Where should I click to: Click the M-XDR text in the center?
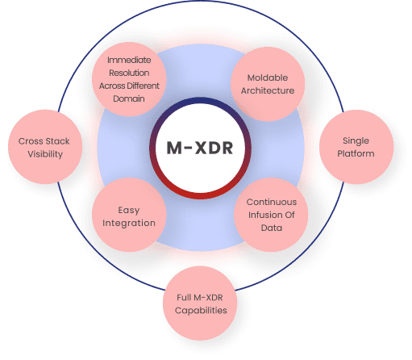(x=200, y=148)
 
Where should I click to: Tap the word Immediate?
(x=129, y=60)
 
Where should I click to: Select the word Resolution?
(x=129, y=73)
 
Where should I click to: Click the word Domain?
(x=129, y=98)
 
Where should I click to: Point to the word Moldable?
(x=268, y=77)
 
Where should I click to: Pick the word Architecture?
(x=268, y=90)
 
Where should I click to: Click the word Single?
(x=356, y=140)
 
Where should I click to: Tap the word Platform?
(x=356, y=153)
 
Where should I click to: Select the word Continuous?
(x=272, y=202)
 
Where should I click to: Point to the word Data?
(x=272, y=228)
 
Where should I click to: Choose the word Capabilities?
(x=201, y=311)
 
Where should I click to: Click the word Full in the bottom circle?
(x=184, y=297)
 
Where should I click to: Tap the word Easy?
(x=129, y=210)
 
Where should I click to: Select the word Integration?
(x=129, y=223)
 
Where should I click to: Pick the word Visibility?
(x=45, y=154)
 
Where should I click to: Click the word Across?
(x=112, y=86)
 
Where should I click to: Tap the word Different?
(x=144, y=86)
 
